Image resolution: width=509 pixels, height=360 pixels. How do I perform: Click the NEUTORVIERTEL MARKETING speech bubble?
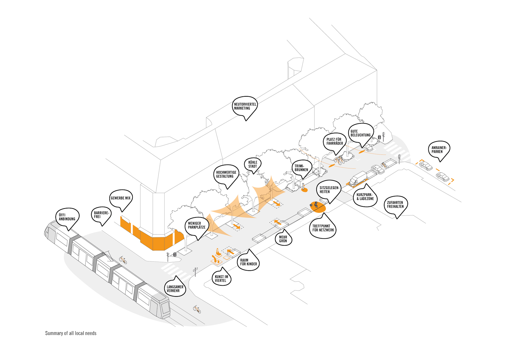(x=245, y=107)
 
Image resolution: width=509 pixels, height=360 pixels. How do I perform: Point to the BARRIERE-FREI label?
(x=101, y=215)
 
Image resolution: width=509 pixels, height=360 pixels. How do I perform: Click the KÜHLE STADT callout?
(x=253, y=165)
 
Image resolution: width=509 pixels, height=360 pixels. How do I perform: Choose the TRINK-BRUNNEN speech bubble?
(x=302, y=168)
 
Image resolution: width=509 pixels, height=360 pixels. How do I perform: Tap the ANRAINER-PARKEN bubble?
(x=439, y=150)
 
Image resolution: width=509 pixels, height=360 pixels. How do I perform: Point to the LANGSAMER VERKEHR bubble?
(x=175, y=288)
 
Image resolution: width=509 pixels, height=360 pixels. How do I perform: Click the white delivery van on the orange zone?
(x=358, y=178)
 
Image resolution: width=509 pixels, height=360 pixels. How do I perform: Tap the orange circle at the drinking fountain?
(x=304, y=190)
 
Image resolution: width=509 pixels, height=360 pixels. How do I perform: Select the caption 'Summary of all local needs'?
(x=71, y=333)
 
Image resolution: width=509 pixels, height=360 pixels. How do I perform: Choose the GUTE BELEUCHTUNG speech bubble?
(x=361, y=134)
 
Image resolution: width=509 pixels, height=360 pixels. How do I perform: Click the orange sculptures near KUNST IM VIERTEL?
(x=217, y=257)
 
